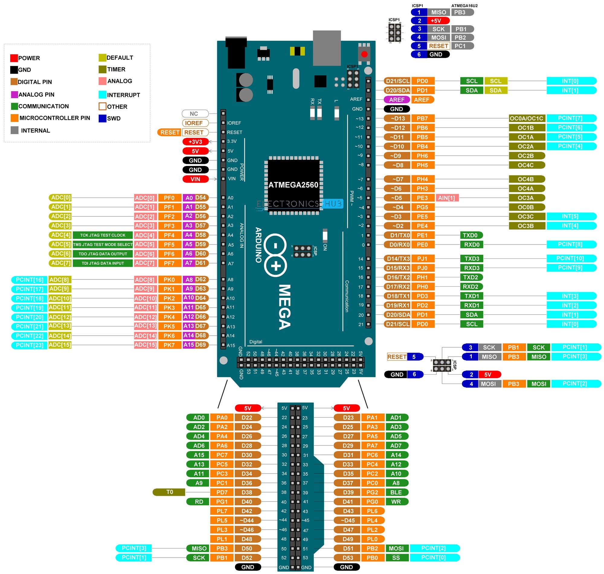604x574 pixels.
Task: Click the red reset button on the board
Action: point(364,54)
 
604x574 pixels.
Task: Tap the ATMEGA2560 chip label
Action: point(293,185)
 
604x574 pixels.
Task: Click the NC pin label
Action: point(195,114)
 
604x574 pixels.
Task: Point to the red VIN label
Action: point(195,179)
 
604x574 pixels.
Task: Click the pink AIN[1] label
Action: point(447,198)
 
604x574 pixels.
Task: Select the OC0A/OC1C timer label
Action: point(527,118)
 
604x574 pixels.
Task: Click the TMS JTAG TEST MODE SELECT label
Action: point(103,244)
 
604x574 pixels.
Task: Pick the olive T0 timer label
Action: point(169,492)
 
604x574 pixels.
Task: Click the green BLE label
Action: point(396,493)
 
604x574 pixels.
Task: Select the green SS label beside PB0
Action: point(396,558)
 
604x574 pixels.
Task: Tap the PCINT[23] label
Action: point(29,346)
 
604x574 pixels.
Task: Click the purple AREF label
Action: point(397,100)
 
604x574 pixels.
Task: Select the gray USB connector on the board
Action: point(327,48)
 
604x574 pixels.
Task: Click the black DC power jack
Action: point(236,53)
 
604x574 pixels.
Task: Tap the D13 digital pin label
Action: point(397,119)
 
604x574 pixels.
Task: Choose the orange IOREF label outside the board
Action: point(195,123)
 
